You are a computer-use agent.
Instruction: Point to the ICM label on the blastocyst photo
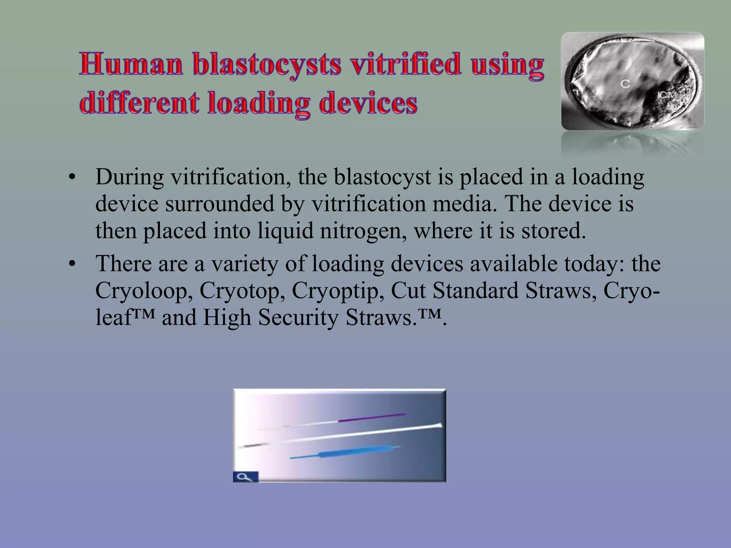667,95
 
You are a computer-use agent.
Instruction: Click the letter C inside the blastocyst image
625,84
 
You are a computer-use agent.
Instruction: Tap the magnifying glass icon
246,477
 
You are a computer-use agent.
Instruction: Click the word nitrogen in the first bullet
363,231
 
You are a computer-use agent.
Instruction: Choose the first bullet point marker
72,177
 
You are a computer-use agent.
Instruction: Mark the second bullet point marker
72,264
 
